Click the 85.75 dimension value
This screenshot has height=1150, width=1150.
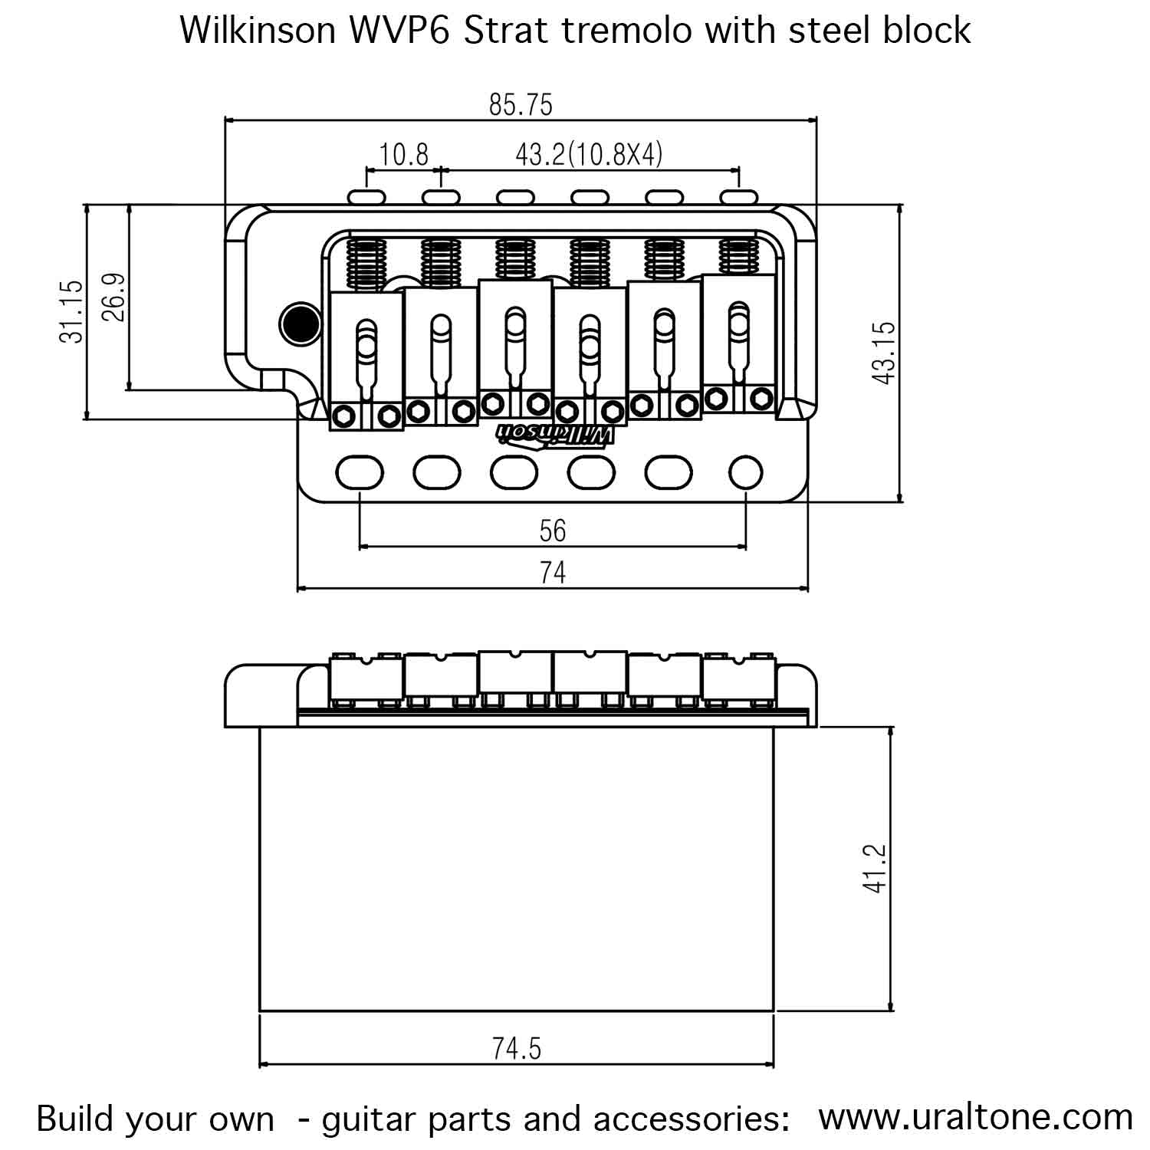coord(521,104)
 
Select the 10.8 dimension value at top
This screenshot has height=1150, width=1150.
coord(404,155)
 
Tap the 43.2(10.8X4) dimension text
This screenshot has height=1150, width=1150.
coord(588,155)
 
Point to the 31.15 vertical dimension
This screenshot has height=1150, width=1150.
coord(71,311)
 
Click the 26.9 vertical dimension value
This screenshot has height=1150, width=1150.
coord(113,297)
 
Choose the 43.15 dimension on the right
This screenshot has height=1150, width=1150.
coord(883,353)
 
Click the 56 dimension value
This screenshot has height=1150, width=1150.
coord(552,531)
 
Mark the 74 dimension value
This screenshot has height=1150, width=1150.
coord(552,573)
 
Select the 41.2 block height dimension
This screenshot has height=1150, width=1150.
coord(875,868)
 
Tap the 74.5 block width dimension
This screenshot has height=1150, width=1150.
coord(517,1048)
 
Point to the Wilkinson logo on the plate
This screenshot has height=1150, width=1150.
coord(556,435)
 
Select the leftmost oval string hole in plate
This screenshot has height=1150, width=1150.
coord(359,472)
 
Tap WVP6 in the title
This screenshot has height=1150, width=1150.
coord(400,31)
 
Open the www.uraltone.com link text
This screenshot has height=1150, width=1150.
coord(975,1117)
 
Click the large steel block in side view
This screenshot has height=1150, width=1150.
coord(517,868)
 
